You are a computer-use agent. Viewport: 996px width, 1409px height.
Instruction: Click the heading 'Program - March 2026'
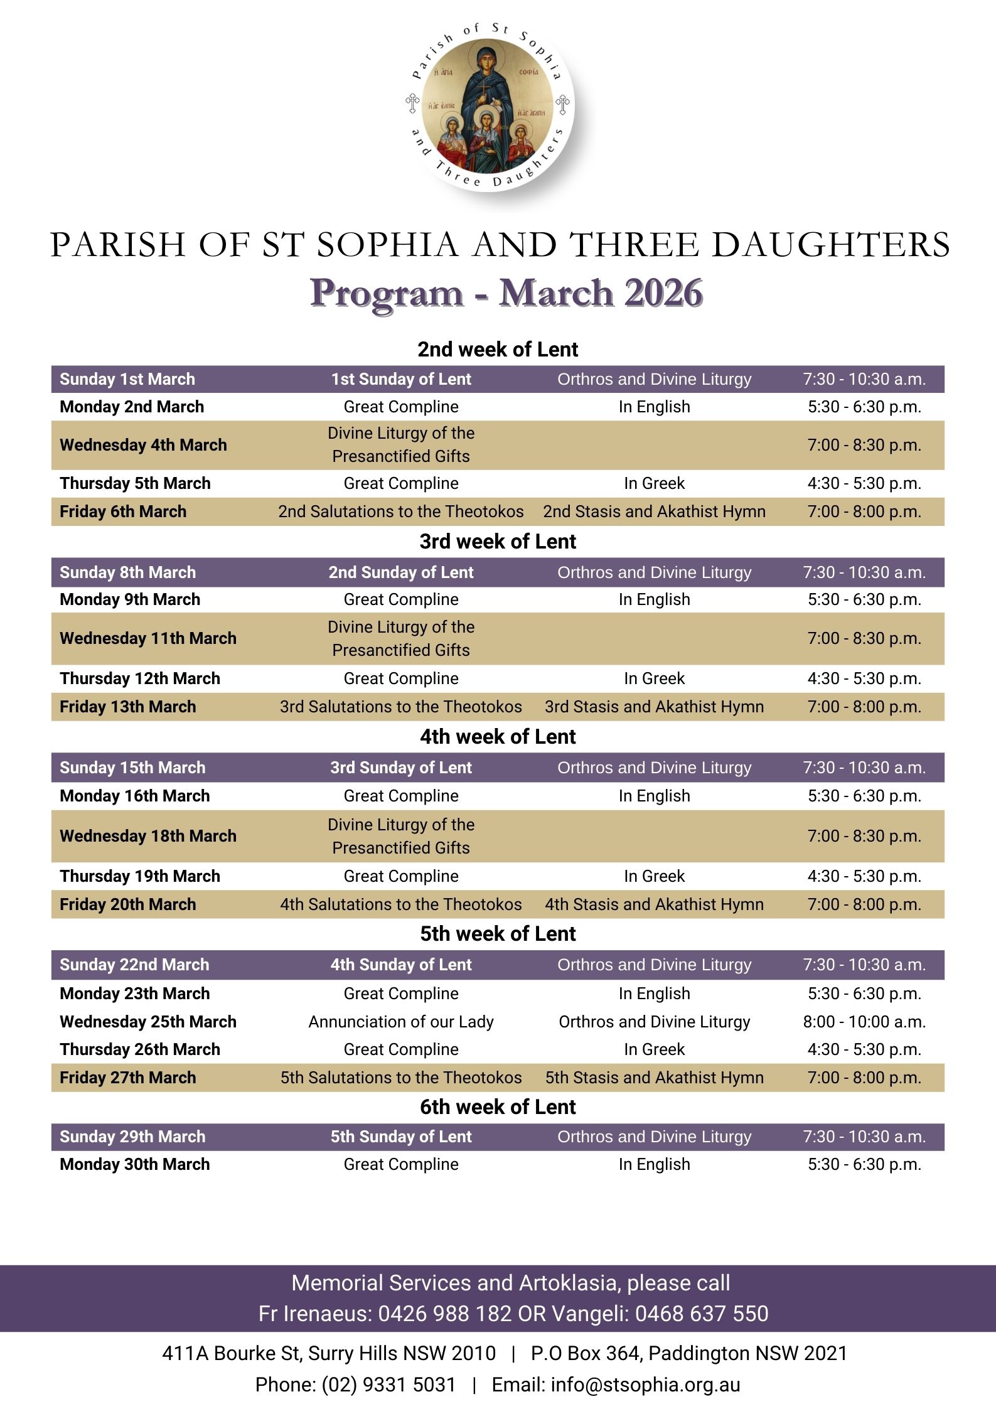click(506, 293)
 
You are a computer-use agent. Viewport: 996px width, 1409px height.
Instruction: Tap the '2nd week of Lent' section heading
click(498, 350)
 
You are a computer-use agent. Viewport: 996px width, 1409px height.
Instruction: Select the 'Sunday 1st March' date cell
click(127, 379)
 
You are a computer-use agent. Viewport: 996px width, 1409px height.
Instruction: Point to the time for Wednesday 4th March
click(864, 445)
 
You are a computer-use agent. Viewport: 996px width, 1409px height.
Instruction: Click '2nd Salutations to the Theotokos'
click(401, 512)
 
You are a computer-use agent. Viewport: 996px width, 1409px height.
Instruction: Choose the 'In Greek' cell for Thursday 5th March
click(654, 483)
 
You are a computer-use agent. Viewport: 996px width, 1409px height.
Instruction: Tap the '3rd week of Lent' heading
click(498, 542)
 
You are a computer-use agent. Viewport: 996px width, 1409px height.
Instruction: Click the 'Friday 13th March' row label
click(128, 707)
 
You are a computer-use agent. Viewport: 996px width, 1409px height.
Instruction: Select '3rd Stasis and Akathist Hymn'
click(654, 707)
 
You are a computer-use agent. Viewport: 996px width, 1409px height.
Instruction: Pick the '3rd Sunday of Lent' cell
click(401, 768)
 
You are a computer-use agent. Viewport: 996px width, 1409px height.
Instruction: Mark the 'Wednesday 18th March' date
click(148, 836)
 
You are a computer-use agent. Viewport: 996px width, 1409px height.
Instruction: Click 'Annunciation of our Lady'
click(401, 1022)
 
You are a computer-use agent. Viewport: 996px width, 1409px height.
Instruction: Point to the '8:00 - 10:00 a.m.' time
click(864, 1022)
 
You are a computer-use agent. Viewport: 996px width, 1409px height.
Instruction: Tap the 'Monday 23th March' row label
click(135, 994)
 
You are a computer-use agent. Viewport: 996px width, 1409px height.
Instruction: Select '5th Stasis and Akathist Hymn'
click(654, 1078)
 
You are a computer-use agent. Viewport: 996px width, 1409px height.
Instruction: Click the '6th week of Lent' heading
click(498, 1107)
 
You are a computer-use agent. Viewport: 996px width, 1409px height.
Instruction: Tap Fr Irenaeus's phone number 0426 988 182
click(444, 1314)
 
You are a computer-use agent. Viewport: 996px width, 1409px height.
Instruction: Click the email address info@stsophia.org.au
click(646, 1385)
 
